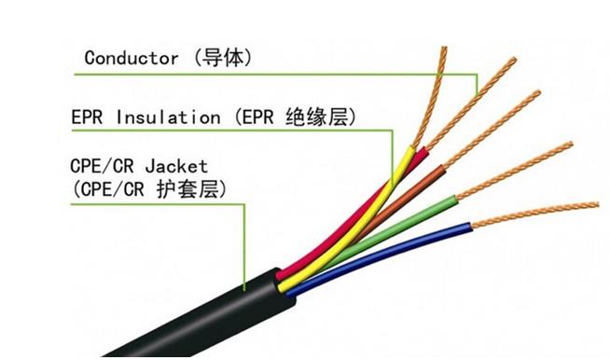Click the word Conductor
pyautogui.click(x=131, y=57)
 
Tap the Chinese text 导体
pyautogui.click(x=224, y=57)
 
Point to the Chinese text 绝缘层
pyautogui.click(x=323, y=118)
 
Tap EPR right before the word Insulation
pyautogui.click(x=89, y=118)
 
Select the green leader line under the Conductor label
pyautogui.click(x=280, y=74)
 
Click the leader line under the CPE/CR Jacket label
pyautogui.click(x=244, y=242)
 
